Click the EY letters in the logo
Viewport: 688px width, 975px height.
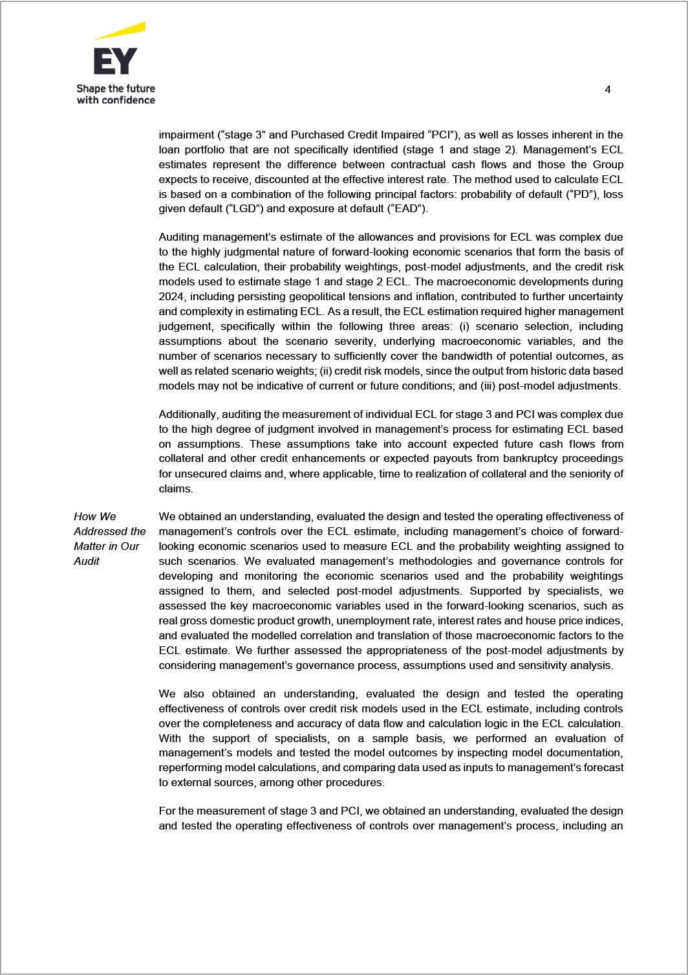(115, 61)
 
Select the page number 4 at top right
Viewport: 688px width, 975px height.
(607, 90)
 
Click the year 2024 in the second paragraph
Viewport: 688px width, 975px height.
(171, 297)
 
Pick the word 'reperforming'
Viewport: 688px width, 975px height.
(190, 768)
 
